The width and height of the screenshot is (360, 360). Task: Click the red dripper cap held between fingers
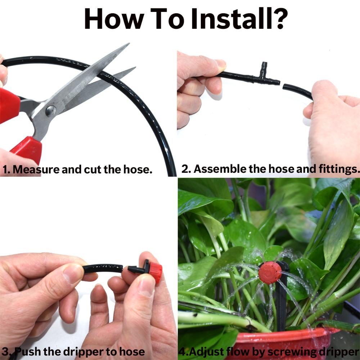(x=155, y=272)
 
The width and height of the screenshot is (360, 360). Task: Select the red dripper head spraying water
(x=270, y=273)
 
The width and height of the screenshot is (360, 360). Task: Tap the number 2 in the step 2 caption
(x=185, y=169)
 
